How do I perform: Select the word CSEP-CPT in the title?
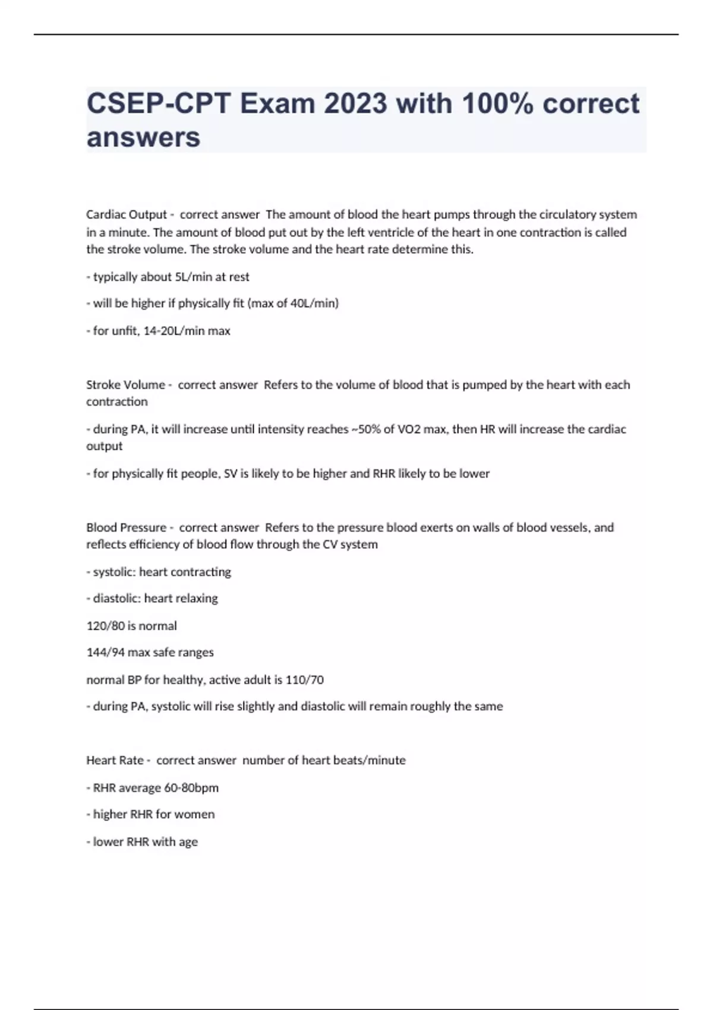point(159,104)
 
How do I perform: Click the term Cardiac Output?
point(127,214)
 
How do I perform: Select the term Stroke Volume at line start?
point(125,385)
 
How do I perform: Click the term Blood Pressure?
point(126,528)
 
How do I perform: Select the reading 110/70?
point(304,680)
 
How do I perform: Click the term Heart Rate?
point(115,760)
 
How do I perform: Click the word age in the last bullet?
point(188,842)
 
